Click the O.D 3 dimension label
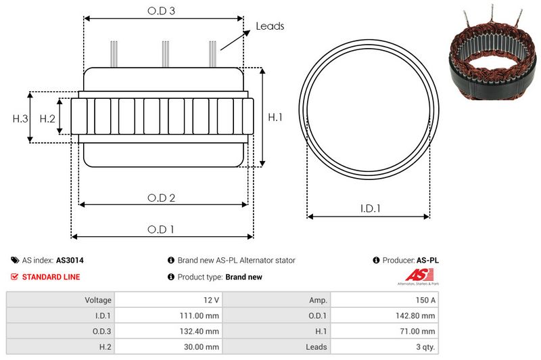pos(162,11)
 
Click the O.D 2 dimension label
pos(162,198)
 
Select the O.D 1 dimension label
pos(162,229)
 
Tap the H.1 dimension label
pos(275,118)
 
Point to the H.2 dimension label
pos(47,118)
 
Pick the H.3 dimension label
pos(20,118)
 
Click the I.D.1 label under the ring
pos(369,209)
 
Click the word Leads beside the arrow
pos(269,26)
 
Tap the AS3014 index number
pos(70,260)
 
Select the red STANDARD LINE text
pos(51,277)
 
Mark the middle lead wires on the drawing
pos(164,54)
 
